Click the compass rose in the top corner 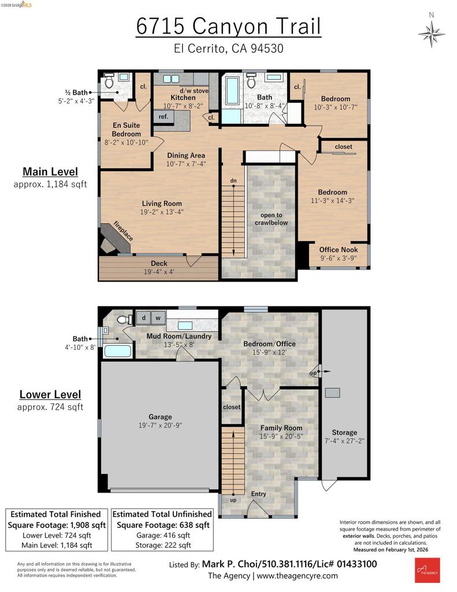click(432, 34)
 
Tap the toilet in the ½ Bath click(109, 81)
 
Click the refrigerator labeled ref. click(164, 116)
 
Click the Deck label click(159, 263)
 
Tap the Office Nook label click(339, 250)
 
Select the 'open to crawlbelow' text click(271, 219)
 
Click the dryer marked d click(143, 318)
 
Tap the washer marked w click(158, 318)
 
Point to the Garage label click(160, 417)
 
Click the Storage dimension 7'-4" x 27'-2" click(344, 441)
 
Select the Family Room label click(281, 428)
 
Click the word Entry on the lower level click(258, 494)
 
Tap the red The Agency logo click(427, 570)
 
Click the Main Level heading click(50, 171)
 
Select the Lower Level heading click(50, 394)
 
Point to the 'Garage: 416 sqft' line click(163, 535)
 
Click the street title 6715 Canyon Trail click(228, 26)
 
